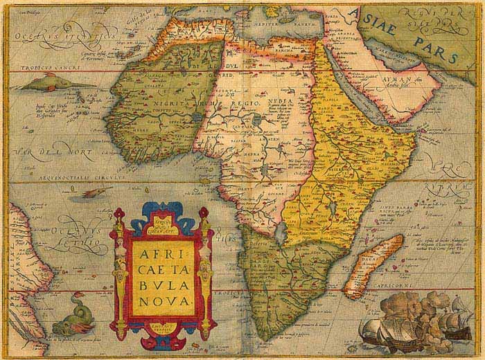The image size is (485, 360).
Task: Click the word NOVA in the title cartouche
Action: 161,299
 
